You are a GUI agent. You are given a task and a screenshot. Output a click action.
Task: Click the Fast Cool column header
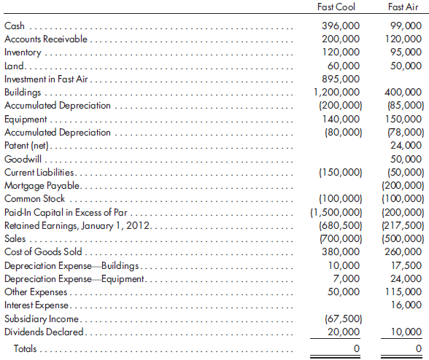point(338,7)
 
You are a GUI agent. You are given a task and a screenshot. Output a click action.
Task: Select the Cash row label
point(15,26)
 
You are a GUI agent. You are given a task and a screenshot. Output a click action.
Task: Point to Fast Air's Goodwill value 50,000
point(406,160)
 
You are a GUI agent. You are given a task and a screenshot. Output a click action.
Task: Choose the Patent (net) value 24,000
point(406,146)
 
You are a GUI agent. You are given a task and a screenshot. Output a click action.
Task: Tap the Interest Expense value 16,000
point(406,305)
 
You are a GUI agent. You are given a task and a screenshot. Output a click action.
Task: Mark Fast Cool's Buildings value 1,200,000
point(336,93)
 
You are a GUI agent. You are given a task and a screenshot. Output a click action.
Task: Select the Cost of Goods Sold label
point(41,252)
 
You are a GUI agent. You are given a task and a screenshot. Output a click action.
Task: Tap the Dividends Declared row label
point(43,332)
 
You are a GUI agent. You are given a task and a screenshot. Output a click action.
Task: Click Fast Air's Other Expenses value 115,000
point(404,292)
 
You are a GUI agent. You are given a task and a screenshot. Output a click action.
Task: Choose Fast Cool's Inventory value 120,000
point(341,52)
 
